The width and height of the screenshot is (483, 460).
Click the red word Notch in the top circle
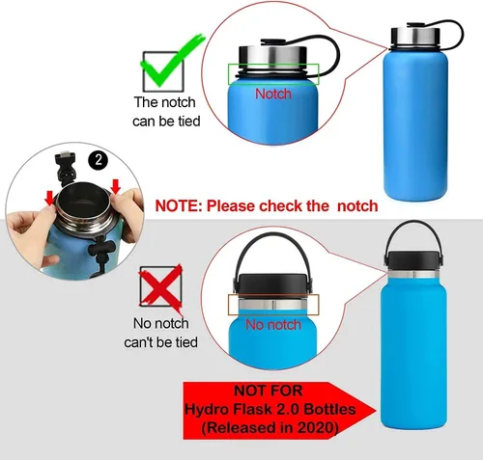(x=272, y=94)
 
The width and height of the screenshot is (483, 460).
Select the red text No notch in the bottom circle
(x=273, y=325)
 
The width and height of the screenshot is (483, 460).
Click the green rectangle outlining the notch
(x=273, y=73)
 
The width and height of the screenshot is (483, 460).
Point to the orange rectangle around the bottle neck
(x=272, y=304)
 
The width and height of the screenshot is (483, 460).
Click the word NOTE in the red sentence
(x=178, y=205)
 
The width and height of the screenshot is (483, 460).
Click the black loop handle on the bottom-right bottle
(x=416, y=231)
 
